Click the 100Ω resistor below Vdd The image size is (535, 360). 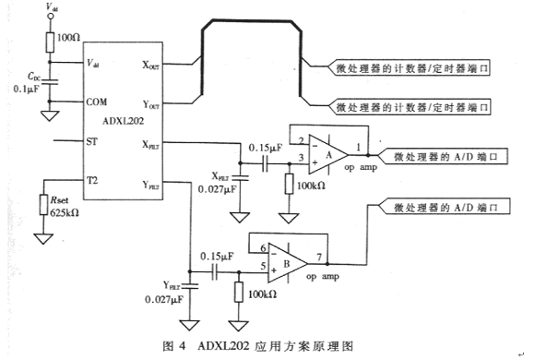tap(50, 42)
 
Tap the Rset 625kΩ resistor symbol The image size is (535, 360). tap(43, 205)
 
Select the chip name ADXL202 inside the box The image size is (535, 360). tap(124, 121)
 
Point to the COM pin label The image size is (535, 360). tap(97, 102)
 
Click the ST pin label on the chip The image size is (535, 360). tap(92, 141)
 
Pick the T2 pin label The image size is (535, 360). tap(92, 180)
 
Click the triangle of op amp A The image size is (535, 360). tap(328, 155)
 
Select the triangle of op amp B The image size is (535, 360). tap(287, 263)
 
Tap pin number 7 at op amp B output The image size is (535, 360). tap(319, 257)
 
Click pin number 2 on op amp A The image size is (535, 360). tap(302, 140)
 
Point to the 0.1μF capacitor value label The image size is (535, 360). tap(26, 90)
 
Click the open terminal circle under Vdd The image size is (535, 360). tap(51, 16)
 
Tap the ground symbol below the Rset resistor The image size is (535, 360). tap(43, 238)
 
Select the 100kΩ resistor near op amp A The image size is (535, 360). tap(289, 184)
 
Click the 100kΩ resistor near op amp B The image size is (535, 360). tap(239, 292)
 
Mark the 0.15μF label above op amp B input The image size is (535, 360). tap(217, 257)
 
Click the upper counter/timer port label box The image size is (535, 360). tap(409, 68)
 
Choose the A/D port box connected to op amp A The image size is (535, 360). tap(443, 156)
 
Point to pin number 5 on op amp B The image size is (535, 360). tap(263, 266)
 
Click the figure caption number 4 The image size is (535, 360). tap(182, 346)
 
